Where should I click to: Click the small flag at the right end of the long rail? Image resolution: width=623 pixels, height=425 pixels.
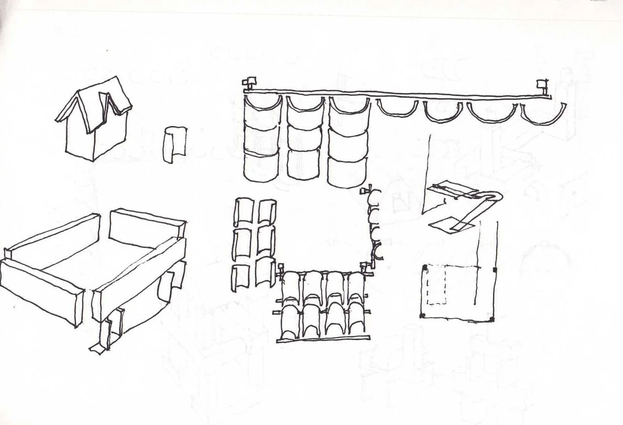point(541,83)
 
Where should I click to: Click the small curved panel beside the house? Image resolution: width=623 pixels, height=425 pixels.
point(175,144)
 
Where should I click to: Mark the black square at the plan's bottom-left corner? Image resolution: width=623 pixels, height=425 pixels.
point(424,315)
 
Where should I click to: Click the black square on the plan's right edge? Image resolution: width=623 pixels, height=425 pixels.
point(495,270)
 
